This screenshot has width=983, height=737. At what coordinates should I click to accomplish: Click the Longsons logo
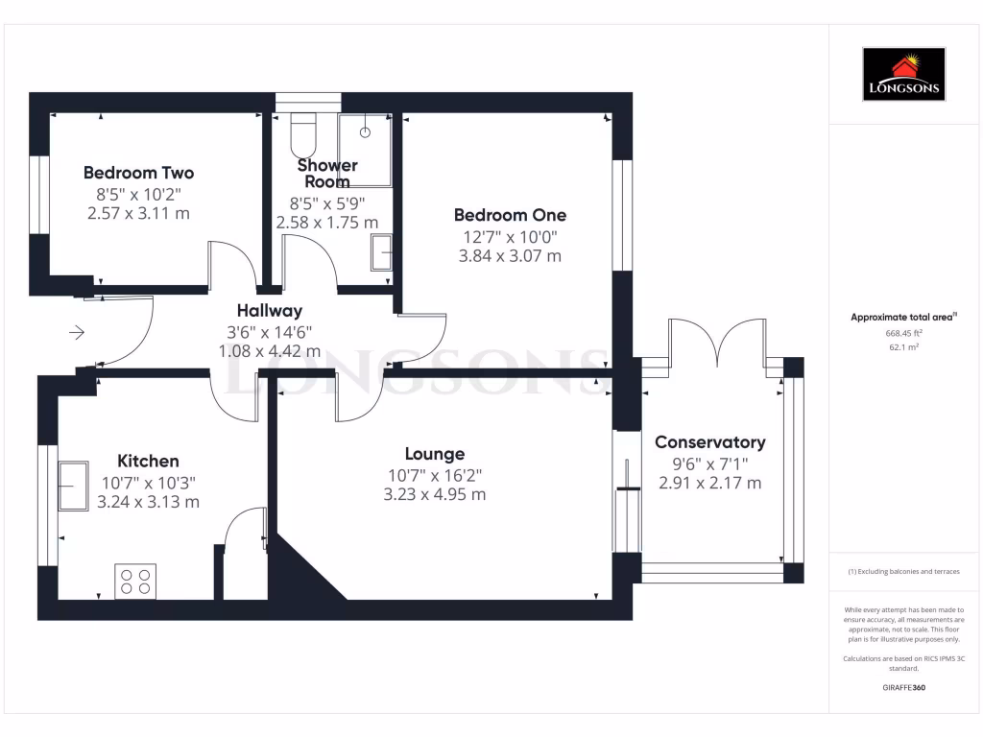pyautogui.click(x=903, y=74)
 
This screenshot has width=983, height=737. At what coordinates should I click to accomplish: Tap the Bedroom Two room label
pyautogui.click(x=138, y=173)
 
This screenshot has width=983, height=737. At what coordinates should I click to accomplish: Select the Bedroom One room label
pyautogui.click(x=510, y=215)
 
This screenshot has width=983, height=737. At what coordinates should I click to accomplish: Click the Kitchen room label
pyautogui.click(x=148, y=461)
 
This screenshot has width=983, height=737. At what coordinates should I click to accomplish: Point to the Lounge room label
pyautogui.click(x=434, y=454)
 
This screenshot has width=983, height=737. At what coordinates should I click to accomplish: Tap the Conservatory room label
pyautogui.click(x=709, y=442)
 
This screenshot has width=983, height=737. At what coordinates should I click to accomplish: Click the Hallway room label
pyautogui.click(x=270, y=310)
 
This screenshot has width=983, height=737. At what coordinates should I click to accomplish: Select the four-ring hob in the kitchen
pyautogui.click(x=134, y=581)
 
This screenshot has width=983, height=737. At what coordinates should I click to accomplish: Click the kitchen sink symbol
pyautogui.click(x=73, y=486)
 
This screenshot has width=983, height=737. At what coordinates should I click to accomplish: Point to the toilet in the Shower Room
pyautogui.click(x=303, y=129)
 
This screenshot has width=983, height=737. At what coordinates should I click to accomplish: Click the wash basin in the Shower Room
pyautogui.click(x=382, y=253)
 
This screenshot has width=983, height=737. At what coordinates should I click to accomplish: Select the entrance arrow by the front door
pyautogui.click(x=77, y=333)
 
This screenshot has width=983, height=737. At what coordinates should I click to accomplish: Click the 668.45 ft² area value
pyautogui.click(x=902, y=334)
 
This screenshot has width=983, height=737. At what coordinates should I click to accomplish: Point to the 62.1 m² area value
pyautogui.click(x=902, y=347)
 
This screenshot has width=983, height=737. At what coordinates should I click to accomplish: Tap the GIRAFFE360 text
pyautogui.click(x=902, y=688)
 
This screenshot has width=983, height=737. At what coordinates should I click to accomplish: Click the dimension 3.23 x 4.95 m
pyautogui.click(x=436, y=495)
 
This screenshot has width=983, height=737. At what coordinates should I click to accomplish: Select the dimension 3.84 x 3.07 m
pyautogui.click(x=510, y=256)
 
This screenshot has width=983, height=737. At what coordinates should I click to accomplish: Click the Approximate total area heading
pyautogui.click(x=902, y=317)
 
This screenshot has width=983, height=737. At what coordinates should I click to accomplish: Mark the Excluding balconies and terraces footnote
pyautogui.click(x=902, y=571)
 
